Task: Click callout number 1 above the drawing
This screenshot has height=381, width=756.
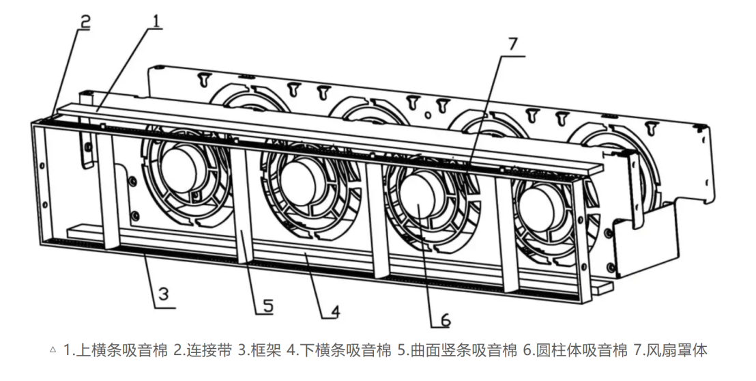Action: point(156,21)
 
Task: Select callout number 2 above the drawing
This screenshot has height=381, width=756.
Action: point(84,20)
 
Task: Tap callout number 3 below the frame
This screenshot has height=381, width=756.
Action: point(162,296)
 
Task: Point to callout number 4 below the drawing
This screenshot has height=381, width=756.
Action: point(334,311)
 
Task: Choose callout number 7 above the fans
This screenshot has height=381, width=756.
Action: point(512,44)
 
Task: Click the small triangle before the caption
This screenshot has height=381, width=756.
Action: point(53,351)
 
